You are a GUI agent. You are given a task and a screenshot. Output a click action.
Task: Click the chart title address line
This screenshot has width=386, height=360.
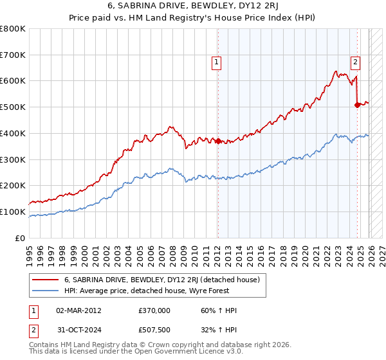tap(193, 6)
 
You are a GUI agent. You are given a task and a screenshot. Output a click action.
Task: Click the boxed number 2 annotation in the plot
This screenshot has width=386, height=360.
tap(355, 62)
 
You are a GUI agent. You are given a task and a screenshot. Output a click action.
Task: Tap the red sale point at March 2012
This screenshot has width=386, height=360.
tap(218, 141)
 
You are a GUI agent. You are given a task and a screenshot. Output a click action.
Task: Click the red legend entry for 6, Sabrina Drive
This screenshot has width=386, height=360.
tap(161, 280)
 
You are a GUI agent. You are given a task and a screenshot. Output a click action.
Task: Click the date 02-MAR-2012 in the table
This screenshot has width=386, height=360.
tap(78, 310)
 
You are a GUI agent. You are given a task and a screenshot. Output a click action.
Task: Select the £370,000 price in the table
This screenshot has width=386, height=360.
tap(154, 310)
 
